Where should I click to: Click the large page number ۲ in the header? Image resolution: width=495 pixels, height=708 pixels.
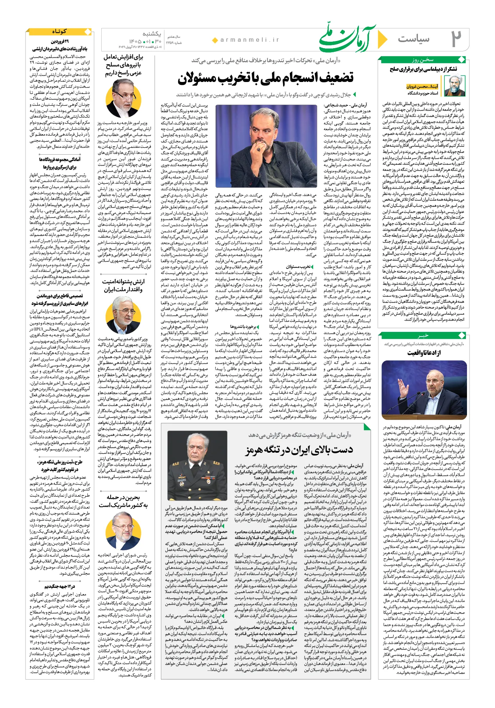[456, 39]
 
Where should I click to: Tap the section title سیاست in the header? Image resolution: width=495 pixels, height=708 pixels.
[413, 39]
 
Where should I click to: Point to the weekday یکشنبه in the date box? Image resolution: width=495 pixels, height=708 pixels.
[152, 34]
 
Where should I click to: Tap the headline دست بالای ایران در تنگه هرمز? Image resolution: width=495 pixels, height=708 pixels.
[299, 450]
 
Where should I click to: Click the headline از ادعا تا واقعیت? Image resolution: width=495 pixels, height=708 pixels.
[424, 353]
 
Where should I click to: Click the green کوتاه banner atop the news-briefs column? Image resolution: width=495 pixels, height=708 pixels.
[59, 32]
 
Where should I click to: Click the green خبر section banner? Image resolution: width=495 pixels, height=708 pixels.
[424, 335]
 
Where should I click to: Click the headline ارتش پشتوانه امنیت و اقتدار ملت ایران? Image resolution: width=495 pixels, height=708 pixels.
[123, 286]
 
